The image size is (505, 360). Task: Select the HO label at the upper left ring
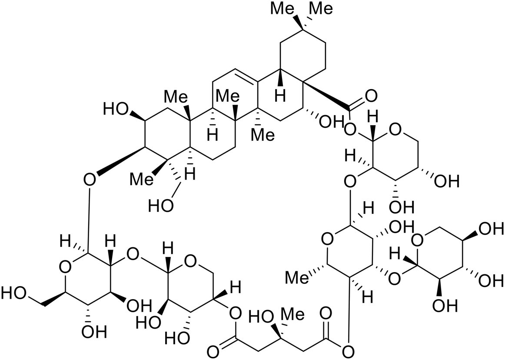coord(115,108)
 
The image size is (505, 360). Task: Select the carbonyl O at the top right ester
coord(371,95)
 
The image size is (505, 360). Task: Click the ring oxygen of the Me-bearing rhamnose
coord(327,238)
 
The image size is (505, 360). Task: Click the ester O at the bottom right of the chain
coord(348,350)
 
